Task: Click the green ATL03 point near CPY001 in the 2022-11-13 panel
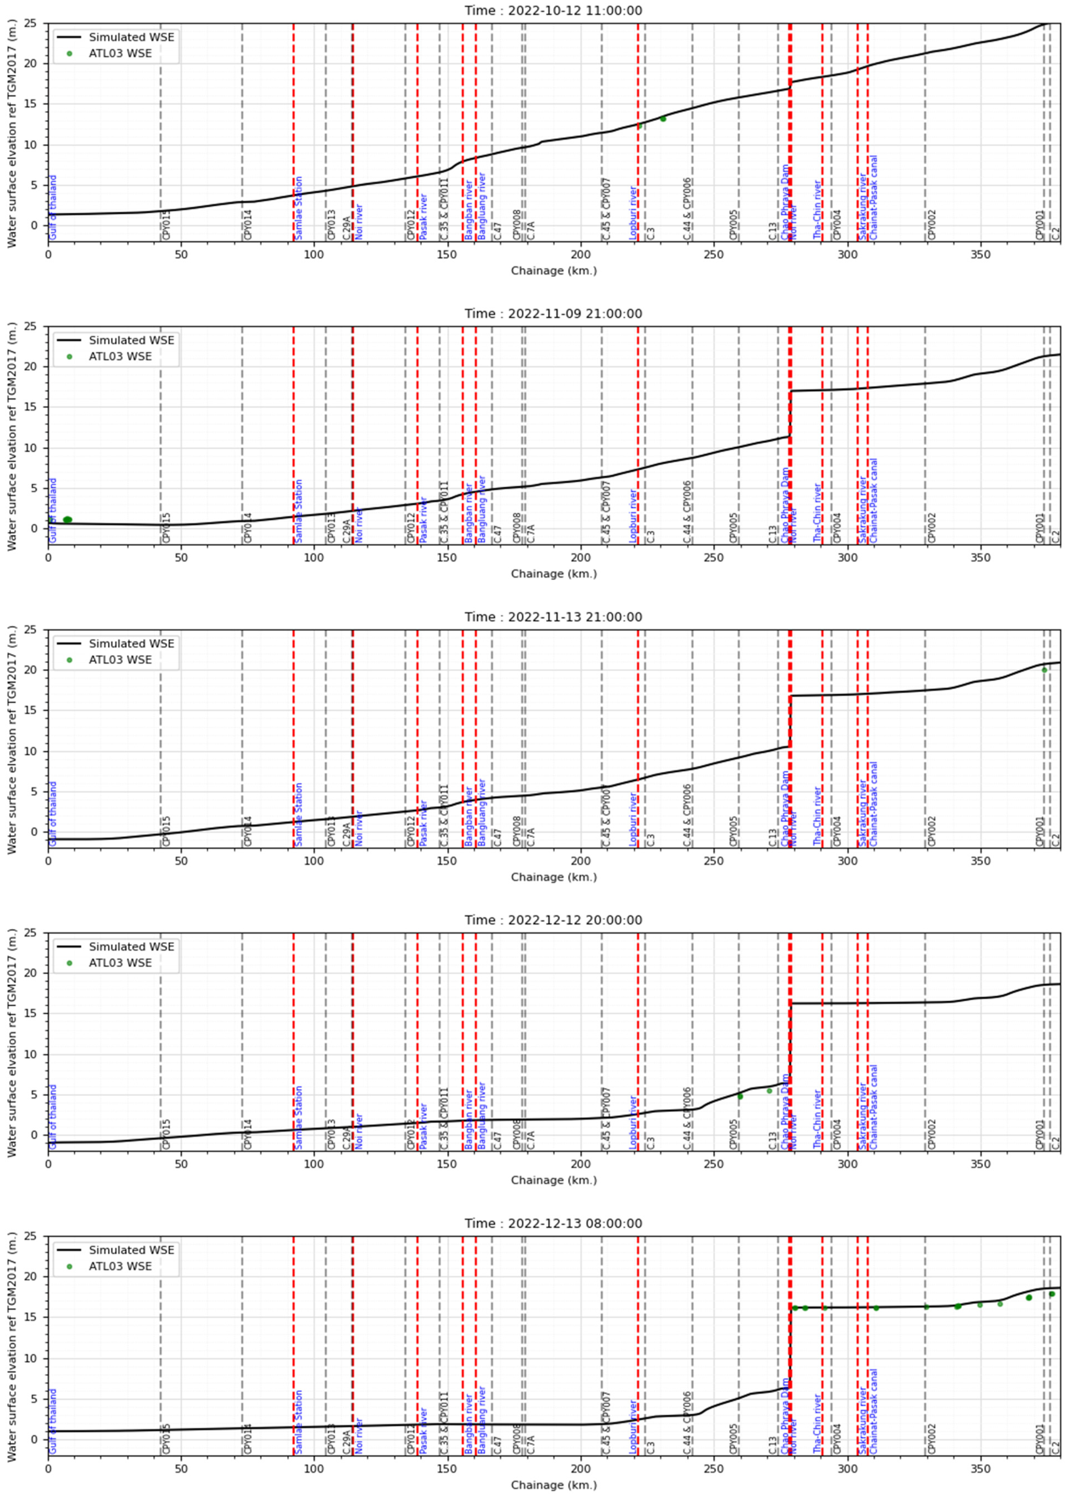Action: pos(1044,670)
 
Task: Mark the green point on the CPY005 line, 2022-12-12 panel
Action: pos(740,1096)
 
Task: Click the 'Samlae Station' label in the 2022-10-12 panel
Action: pos(299,208)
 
